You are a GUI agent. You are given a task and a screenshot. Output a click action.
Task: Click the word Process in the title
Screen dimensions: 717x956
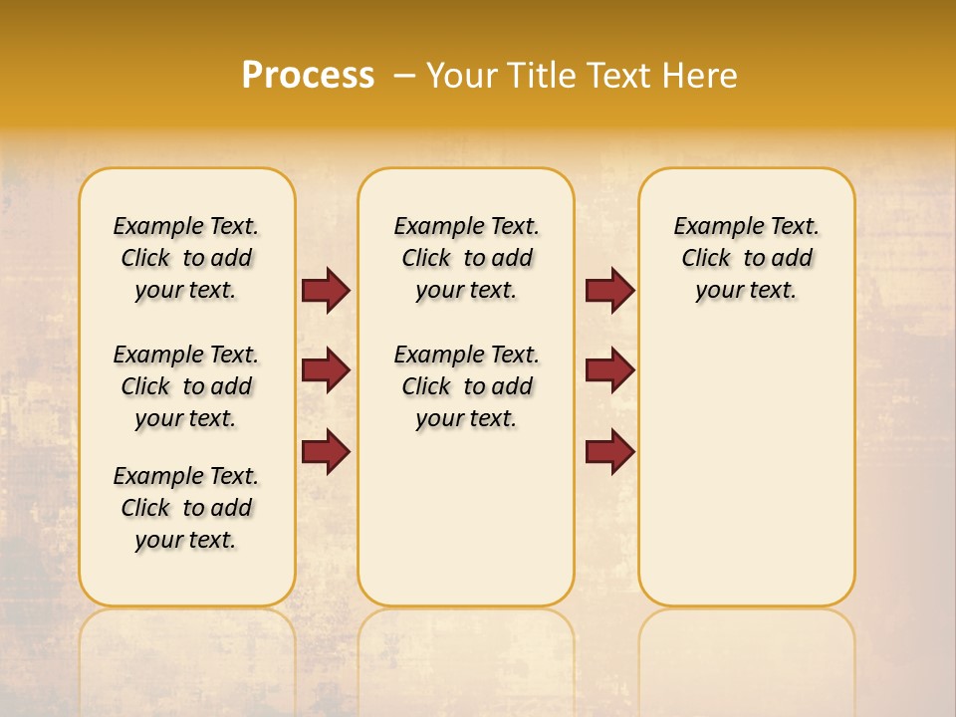tap(308, 76)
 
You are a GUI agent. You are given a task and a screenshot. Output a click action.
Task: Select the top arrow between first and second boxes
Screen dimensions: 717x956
tap(326, 291)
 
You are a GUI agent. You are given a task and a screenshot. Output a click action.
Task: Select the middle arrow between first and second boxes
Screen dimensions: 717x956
tap(326, 370)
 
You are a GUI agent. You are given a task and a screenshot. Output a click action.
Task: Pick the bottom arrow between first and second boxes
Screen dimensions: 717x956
tap(326, 452)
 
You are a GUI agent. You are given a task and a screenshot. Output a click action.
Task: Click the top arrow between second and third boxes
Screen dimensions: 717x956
tap(610, 291)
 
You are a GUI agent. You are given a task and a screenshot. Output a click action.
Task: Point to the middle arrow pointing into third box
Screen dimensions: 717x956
tap(610, 370)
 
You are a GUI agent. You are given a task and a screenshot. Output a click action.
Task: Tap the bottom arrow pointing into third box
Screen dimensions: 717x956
tap(610, 452)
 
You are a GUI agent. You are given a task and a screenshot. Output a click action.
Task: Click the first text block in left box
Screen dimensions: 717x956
tap(186, 258)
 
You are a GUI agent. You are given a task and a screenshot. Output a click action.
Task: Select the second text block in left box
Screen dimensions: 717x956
tap(186, 386)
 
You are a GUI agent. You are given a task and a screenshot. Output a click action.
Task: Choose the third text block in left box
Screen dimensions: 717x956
tap(186, 508)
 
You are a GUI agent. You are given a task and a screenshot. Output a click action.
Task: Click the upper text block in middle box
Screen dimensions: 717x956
tap(467, 258)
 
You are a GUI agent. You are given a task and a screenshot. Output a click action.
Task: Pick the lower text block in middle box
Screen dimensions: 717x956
tap(467, 386)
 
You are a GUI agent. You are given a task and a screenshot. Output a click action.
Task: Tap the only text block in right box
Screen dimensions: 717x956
tap(747, 258)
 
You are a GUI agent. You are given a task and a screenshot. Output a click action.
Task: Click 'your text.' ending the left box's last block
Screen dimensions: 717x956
tap(186, 540)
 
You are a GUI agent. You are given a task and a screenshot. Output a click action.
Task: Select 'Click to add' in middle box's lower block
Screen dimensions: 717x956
tap(467, 386)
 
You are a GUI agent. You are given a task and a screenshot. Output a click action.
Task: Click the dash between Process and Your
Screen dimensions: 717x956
tap(405, 76)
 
